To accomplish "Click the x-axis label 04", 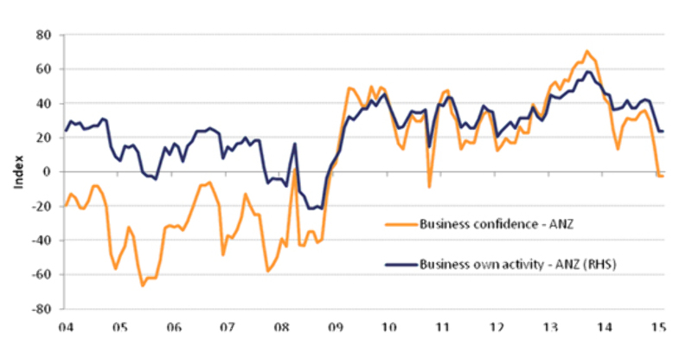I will point(66,328).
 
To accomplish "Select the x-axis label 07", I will point(227,328).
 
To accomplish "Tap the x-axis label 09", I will point(336,328).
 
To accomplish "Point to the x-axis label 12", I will point(497,328).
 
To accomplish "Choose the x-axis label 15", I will point(658,328).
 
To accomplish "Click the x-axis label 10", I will point(389,328).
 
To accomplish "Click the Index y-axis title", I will point(18,171).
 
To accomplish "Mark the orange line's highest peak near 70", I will point(586,52).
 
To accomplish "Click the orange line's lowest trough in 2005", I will point(143,285).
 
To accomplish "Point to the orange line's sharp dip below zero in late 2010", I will point(430,186).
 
